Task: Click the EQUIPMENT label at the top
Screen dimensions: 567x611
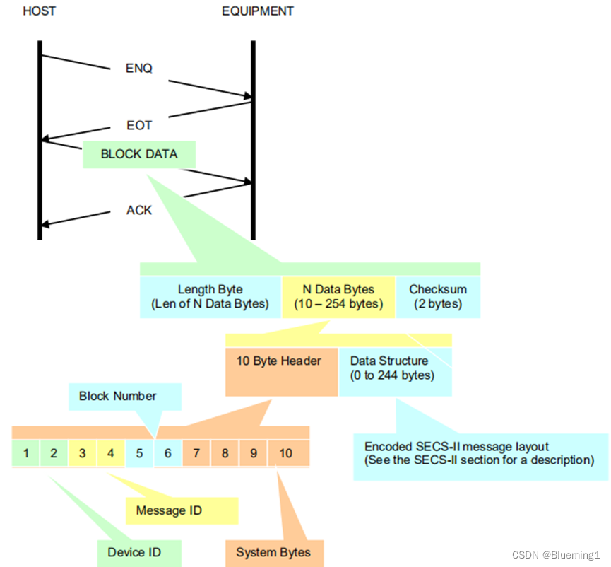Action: [257, 11]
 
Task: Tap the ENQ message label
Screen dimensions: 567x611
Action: [138, 69]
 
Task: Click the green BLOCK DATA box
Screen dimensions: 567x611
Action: [139, 154]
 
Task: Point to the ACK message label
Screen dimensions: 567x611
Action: [138, 210]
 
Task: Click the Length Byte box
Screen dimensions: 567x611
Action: [210, 297]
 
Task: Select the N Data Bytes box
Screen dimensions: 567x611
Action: [338, 297]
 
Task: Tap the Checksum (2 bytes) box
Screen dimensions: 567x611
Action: [438, 297]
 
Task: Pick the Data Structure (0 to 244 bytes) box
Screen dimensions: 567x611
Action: [394, 368]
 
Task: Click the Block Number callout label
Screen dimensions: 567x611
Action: [117, 396]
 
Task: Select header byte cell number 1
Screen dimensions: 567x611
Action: [26, 452]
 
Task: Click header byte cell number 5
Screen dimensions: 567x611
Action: [139, 452]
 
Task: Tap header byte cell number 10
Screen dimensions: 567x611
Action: [286, 452]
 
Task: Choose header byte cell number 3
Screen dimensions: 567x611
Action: [83, 452]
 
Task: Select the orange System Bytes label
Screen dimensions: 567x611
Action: [273, 552]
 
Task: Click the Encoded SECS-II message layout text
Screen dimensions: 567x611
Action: [477, 453]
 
